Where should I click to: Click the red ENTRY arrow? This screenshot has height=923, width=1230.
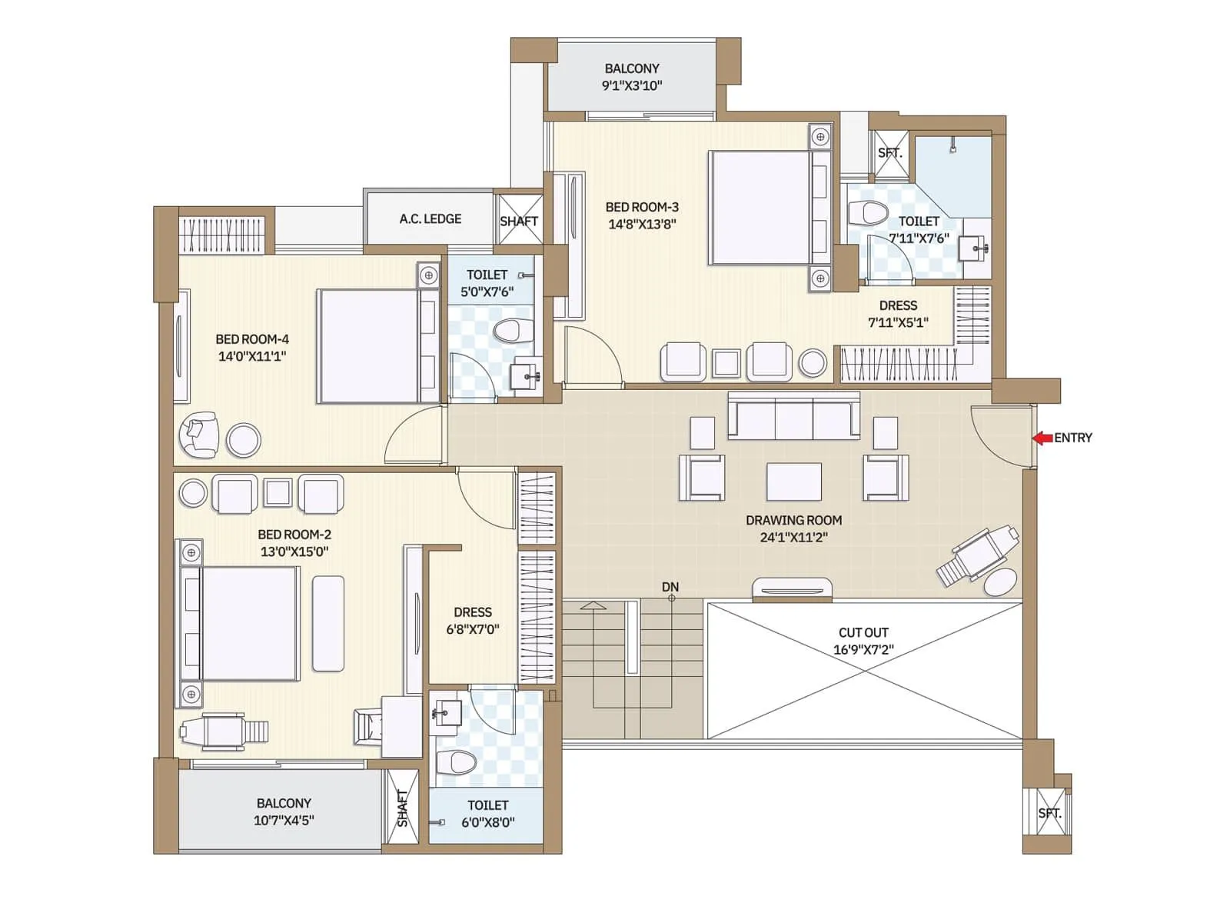1042,438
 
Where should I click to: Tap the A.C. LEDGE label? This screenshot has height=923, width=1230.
430,219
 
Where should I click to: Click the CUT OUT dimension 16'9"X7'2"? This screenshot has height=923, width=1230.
863,650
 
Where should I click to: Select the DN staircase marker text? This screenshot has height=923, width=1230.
670,587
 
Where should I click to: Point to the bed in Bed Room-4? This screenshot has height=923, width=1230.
369,346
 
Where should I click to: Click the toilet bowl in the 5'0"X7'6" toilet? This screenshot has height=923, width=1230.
512,331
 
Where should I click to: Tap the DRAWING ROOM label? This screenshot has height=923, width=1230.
793,520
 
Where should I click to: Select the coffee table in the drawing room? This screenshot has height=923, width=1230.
794,482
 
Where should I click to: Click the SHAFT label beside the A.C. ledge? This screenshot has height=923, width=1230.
519,222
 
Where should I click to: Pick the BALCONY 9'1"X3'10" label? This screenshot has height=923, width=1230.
632,77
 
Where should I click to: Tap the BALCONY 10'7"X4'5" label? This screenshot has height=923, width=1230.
284,811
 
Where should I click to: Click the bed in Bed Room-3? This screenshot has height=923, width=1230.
761,208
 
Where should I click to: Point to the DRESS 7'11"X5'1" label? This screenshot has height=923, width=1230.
898,314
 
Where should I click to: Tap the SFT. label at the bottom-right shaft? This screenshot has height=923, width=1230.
1049,813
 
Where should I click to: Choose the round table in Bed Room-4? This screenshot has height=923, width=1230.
244,441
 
